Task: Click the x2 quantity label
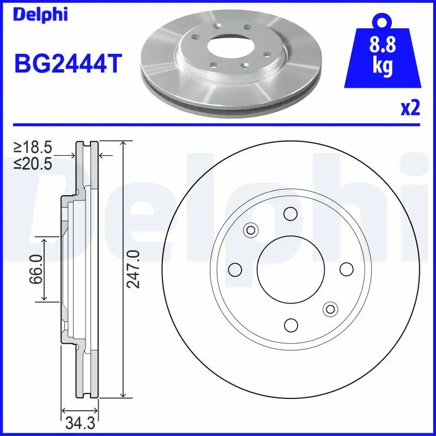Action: pos(410,108)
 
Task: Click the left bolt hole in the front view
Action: pos(235,269)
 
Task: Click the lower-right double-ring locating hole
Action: pos(330,309)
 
